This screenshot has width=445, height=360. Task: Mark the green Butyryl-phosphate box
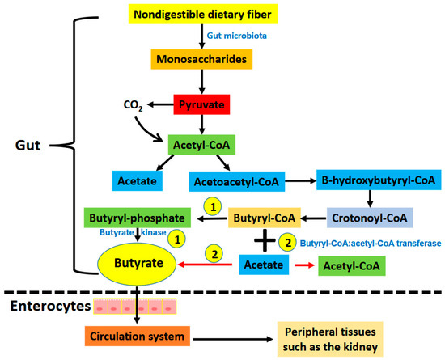pyautogui.click(x=137, y=218)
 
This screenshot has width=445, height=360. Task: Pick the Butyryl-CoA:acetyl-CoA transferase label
pyautogui.click(x=369, y=241)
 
